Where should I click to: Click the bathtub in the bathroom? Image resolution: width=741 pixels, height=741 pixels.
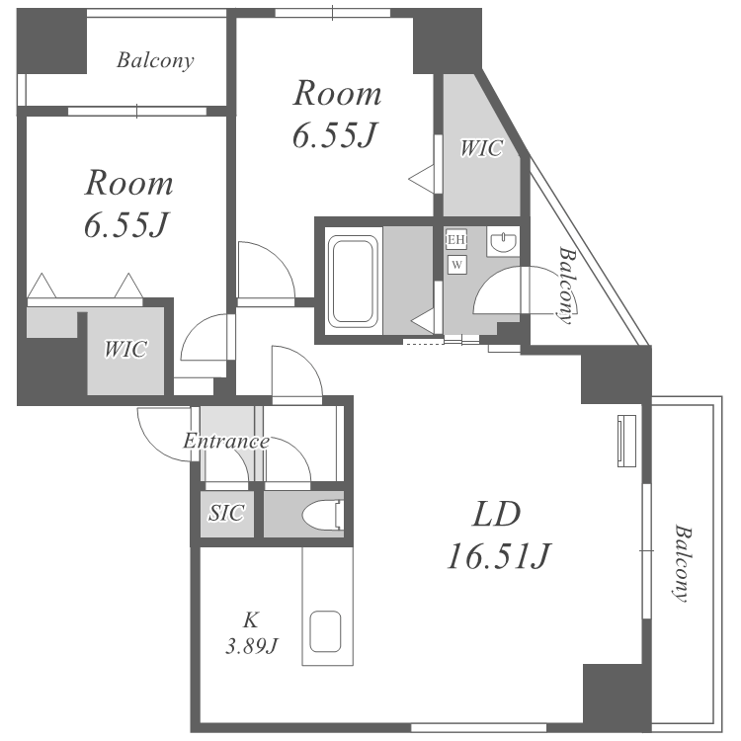(x=354, y=282)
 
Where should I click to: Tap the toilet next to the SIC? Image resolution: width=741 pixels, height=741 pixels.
(x=323, y=515)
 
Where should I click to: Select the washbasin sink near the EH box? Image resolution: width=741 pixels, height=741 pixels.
(x=503, y=241)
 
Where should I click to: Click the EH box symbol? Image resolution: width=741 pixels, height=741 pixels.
(x=456, y=240)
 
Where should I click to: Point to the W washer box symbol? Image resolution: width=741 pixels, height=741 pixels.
(x=457, y=265)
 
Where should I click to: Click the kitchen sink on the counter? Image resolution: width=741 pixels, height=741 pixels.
(x=326, y=632)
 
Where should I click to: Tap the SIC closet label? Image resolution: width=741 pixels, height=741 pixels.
(x=227, y=513)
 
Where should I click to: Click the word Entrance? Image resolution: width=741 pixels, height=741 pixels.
(x=226, y=441)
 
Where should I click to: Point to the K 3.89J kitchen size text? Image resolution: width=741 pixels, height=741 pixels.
(x=251, y=632)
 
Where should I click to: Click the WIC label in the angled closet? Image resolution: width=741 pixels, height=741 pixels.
(x=481, y=148)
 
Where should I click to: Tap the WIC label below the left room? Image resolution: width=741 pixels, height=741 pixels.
(x=125, y=349)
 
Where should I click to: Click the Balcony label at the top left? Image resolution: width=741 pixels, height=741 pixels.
(x=155, y=60)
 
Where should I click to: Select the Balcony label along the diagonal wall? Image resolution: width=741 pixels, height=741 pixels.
(x=568, y=285)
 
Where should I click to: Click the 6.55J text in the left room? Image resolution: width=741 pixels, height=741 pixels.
(x=125, y=224)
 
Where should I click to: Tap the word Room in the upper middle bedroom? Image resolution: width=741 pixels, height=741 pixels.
(x=338, y=93)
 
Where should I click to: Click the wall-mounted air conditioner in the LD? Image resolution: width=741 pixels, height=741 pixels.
(x=627, y=441)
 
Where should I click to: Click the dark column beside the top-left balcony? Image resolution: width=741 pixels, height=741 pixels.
(x=51, y=41)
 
